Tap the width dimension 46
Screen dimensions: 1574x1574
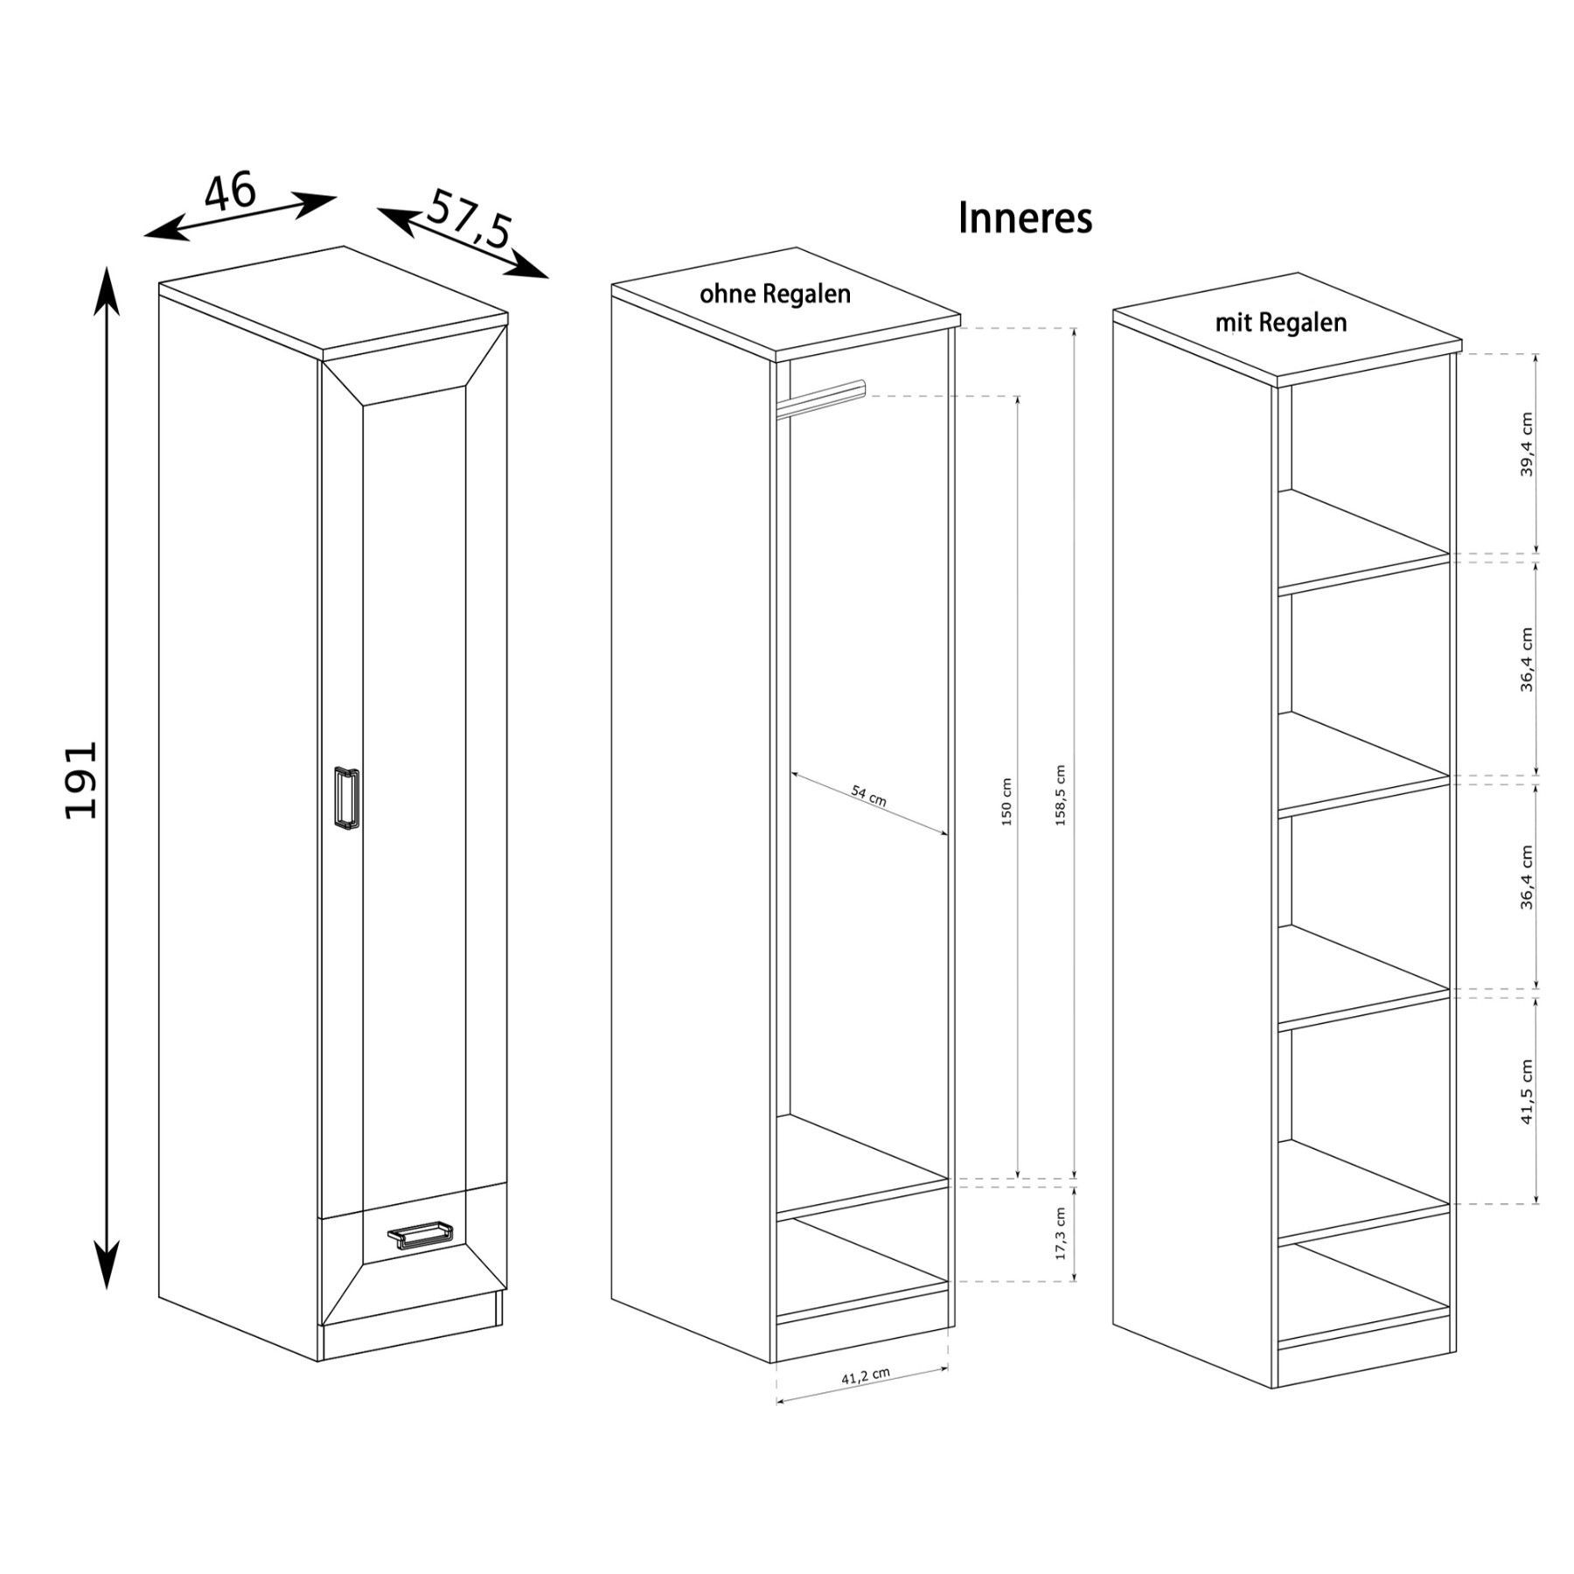[231, 192]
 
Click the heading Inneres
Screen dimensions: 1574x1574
[1025, 218]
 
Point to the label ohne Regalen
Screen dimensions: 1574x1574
[775, 294]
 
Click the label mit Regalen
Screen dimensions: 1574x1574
[1281, 323]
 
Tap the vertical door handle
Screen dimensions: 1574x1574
[346, 797]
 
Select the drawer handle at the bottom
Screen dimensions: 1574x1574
[421, 1236]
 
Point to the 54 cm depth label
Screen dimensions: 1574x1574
[869, 796]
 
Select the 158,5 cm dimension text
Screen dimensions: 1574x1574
[1061, 796]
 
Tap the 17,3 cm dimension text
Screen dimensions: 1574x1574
[1061, 1233]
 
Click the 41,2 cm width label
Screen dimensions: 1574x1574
[866, 1375]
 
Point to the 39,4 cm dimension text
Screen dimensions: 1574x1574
[1527, 444]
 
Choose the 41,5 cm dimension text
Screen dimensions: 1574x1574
[1527, 1091]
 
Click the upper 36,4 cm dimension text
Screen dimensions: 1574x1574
[1527, 660]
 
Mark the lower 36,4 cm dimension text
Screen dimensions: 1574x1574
[1527, 877]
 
